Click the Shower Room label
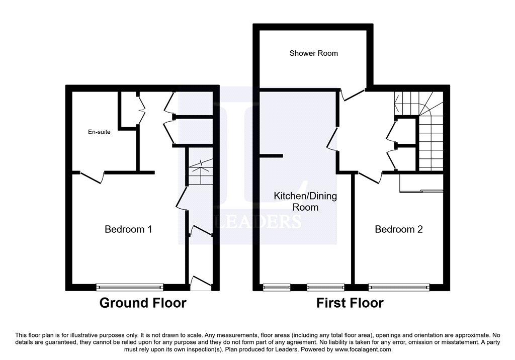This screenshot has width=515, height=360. click(x=313, y=53)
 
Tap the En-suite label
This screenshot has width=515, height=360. click(x=99, y=132)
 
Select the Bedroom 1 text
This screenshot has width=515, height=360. click(x=128, y=229)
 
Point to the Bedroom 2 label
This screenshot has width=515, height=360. click(x=399, y=229)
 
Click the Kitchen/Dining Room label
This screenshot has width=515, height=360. click(x=305, y=202)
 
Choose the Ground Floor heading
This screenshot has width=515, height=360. click(x=143, y=303)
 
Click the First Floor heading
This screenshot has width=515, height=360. click(x=350, y=303)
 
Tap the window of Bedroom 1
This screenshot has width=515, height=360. click(x=130, y=287)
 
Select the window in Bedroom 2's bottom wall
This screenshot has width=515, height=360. click(x=399, y=287)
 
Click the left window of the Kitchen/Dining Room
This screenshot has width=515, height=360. click(x=277, y=287)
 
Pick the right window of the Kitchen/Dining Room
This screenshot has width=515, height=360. click(x=326, y=287)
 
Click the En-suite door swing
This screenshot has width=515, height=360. click(x=93, y=177)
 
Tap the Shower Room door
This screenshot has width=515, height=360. click(x=353, y=95)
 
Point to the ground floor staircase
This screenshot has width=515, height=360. click(x=201, y=172)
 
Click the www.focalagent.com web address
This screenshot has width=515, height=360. click(x=363, y=349)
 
